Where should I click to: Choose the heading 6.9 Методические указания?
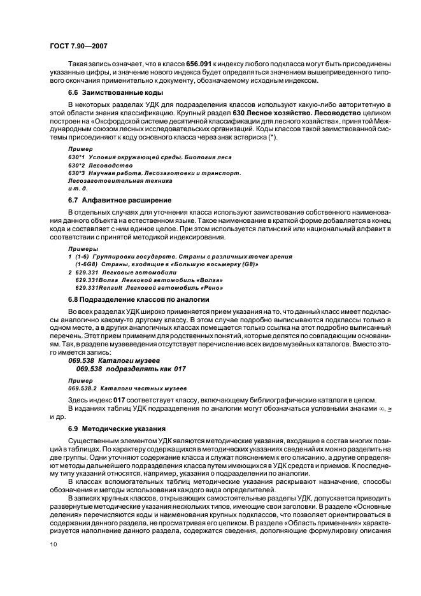click(108, 428)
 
